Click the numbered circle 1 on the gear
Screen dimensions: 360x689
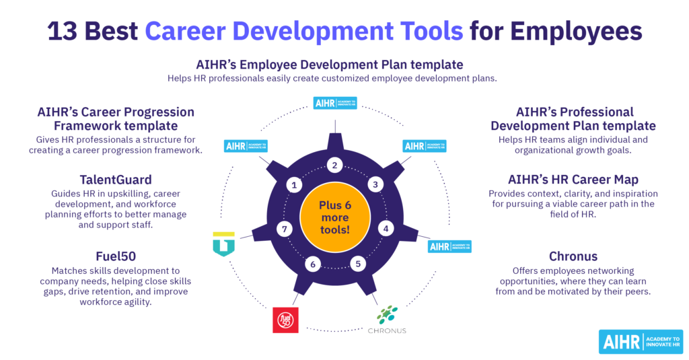coord(294,184)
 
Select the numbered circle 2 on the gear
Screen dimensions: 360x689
coord(334,166)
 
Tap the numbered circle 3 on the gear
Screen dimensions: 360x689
coord(375,184)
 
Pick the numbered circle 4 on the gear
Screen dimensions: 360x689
coord(386,228)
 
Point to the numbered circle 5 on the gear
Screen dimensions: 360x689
coord(359,264)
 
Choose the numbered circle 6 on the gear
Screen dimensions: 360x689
coord(312,264)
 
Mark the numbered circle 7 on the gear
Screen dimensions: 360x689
coord(285,229)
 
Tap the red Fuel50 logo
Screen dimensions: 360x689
coord(285,320)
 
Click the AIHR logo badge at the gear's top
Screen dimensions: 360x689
coord(335,104)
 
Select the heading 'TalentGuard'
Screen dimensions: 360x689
coord(115,180)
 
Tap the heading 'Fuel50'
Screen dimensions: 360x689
coord(115,256)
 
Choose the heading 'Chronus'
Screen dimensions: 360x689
coord(573,256)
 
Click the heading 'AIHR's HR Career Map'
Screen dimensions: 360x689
coord(573,180)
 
